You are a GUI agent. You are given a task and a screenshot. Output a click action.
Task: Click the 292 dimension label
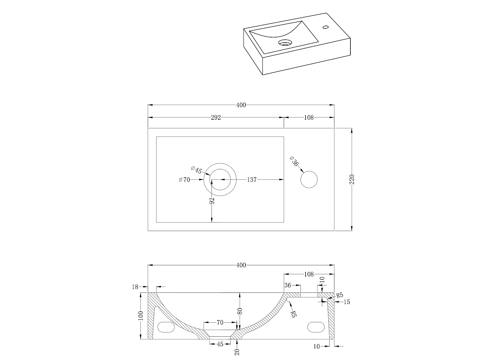click(x=216, y=117)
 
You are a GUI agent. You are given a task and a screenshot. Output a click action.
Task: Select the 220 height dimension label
click(x=352, y=180)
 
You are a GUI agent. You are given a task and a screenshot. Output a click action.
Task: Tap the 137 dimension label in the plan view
click(x=252, y=180)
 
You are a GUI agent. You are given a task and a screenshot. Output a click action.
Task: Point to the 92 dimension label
click(x=212, y=201)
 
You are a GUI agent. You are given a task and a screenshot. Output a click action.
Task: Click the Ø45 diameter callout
click(x=196, y=170)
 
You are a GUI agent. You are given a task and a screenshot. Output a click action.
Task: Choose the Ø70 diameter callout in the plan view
click(x=185, y=180)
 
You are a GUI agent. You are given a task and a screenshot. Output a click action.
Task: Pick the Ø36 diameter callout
click(x=294, y=162)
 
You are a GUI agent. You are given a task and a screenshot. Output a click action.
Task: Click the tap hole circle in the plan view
click(x=309, y=180)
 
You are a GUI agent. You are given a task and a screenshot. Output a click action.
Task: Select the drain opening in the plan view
click(x=220, y=180)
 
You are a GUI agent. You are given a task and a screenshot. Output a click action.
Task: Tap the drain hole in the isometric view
click(x=285, y=43)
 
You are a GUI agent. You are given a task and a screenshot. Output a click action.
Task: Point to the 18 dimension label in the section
click(x=135, y=287)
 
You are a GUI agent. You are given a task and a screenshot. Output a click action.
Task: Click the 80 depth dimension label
click(x=240, y=311)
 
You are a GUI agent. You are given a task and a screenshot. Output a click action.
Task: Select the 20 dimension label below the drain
click(x=237, y=351)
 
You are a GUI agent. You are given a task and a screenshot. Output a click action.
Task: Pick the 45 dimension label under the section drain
click(x=220, y=344)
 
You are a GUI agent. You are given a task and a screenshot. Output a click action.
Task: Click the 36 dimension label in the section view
click(x=288, y=285)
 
